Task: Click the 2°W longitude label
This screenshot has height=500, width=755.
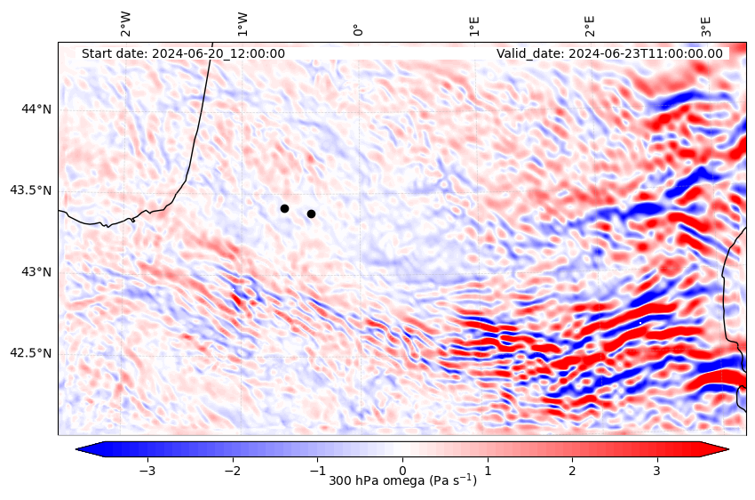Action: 126,24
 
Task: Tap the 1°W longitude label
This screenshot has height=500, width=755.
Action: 242,24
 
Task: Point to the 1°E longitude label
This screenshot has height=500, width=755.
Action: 474,25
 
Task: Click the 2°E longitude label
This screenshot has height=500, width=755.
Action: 590,25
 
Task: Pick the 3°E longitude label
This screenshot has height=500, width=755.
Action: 706,25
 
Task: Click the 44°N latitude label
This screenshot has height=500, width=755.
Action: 36,109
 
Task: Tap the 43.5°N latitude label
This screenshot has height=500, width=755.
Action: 31,190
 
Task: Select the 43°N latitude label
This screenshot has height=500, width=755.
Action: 36,271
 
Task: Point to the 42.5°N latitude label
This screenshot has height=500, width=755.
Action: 31,353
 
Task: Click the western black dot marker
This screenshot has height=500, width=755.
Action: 284,208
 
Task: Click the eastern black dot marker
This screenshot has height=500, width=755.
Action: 311,214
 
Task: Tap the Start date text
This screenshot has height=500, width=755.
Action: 183,53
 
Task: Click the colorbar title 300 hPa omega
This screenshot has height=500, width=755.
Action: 402,481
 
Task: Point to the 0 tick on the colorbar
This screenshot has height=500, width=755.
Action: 402,469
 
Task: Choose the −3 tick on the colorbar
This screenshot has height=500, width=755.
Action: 147,469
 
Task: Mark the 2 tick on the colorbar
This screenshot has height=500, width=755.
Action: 572,469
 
